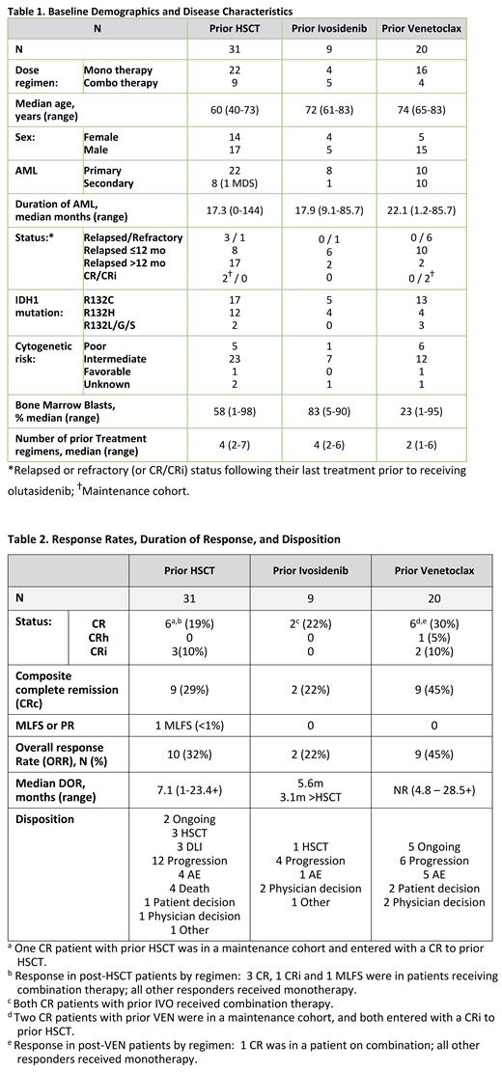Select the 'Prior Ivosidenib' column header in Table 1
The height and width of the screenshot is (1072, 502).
327,28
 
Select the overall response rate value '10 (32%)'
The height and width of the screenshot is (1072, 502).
189,753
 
